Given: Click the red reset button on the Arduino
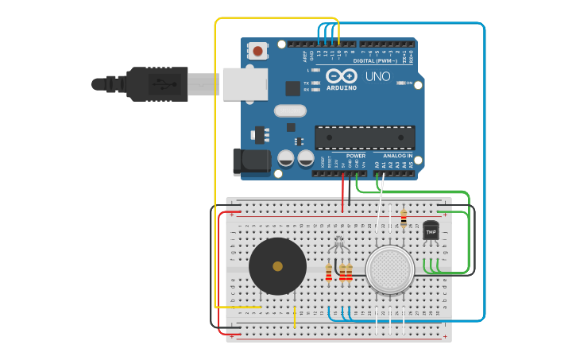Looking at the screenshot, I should [257, 51].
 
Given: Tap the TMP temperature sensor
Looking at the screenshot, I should [431, 231].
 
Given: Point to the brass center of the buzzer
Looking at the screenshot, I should [277, 266].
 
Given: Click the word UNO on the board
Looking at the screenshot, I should [377, 76].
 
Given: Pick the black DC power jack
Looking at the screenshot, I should [251, 161].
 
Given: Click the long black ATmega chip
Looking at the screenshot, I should [364, 137].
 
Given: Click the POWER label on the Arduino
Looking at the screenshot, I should [355, 156].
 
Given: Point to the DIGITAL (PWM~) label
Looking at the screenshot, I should [374, 60].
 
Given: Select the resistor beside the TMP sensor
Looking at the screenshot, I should [404, 217].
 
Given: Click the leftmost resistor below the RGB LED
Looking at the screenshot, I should [329, 273].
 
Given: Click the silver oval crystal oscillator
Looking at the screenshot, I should [289, 111].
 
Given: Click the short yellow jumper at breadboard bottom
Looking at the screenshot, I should [295, 317].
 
